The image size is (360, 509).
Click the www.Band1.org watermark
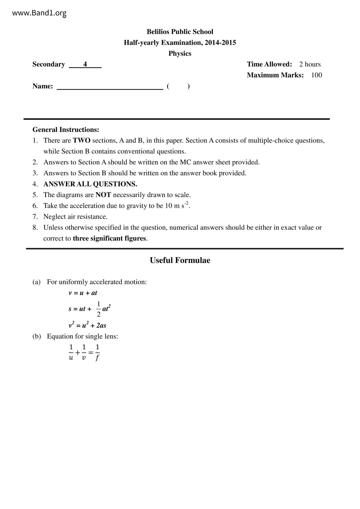tap(39, 13)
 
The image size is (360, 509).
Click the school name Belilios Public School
tap(180, 32)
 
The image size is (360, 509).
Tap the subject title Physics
tap(180, 53)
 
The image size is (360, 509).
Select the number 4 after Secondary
tap(85, 64)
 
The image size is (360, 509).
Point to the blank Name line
tap(110, 86)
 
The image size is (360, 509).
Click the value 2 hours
tap(310, 64)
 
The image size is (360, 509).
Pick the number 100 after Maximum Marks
tap(316, 75)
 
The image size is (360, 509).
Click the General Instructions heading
tap(66, 129)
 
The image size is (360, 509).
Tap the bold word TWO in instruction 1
tap(82, 140)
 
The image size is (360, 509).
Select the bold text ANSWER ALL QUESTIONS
tap(90, 184)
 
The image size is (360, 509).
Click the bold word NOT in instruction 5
tap(103, 195)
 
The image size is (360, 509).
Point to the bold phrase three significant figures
tap(109, 238)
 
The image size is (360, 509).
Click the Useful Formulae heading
tap(180, 260)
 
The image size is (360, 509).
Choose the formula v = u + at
tap(83, 293)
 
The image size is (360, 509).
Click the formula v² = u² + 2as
tap(87, 325)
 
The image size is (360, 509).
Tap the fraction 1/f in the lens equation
tap(97, 352)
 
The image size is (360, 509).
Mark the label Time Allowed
tap(269, 64)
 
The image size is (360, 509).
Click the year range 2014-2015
tap(220, 43)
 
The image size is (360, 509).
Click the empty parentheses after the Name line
tap(178, 86)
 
